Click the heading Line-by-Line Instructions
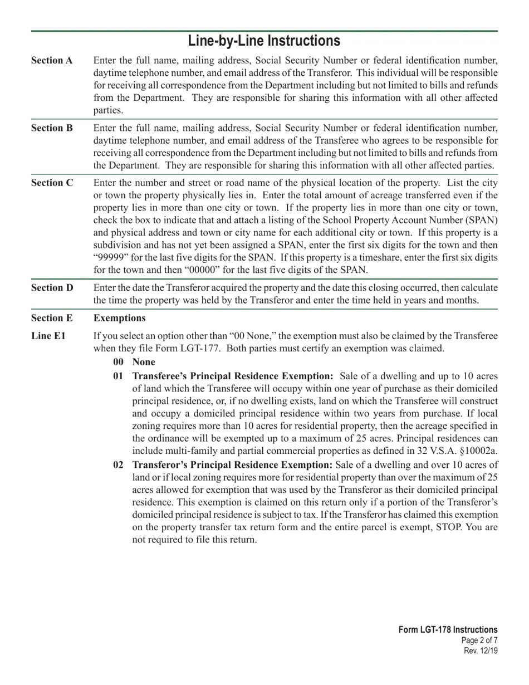(x=264, y=41)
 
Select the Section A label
(x=52, y=60)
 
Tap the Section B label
(x=52, y=128)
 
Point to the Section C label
(x=52, y=183)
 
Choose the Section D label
(x=52, y=288)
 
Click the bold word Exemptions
(x=119, y=318)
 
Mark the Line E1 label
(x=48, y=336)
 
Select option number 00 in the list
(x=118, y=362)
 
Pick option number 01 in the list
(x=118, y=376)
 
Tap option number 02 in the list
(x=118, y=465)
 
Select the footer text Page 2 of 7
(x=479, y=640)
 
